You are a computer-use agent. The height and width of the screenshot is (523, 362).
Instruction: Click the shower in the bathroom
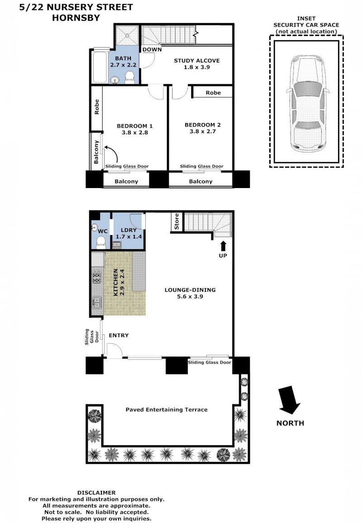(127, 35)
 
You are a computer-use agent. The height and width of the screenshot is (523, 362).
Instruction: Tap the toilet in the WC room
(101, 242)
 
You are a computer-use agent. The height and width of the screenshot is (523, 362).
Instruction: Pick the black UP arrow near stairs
(223, 246)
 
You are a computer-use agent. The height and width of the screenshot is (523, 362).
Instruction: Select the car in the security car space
(307, 104)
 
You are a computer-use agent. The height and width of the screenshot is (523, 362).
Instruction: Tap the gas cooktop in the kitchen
(97, 277)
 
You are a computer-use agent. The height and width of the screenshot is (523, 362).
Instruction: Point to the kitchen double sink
(96, 302)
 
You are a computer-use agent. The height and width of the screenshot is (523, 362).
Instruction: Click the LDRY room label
(129, 230)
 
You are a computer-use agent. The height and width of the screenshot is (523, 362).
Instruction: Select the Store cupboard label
(176, 221)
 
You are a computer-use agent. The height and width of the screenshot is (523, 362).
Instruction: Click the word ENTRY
(119, 335)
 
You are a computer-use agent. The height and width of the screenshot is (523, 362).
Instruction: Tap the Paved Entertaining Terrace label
(167, 410)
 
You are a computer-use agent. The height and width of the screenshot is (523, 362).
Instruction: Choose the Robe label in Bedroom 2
(213, 93)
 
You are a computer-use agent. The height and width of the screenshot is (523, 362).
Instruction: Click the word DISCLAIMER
(96, 493)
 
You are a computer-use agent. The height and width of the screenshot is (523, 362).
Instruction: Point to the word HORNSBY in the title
(76, 18)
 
